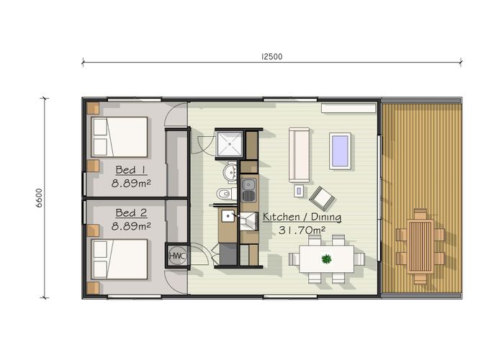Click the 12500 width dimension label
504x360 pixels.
(271, 57)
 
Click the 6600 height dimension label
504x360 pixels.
(40, 197)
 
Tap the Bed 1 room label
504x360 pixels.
(131, 171)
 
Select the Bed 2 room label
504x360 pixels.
(131, 213)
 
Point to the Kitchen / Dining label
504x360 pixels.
(302, 217)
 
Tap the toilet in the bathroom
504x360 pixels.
(224, 194)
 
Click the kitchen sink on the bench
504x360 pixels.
(248, 190)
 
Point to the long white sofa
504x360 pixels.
(299, 155)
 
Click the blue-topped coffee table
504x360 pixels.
(340, 150)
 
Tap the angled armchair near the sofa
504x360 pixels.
(321, 195)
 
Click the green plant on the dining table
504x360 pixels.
(326, 258)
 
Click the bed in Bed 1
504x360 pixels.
(119, 136)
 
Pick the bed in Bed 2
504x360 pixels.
(119, 259)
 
